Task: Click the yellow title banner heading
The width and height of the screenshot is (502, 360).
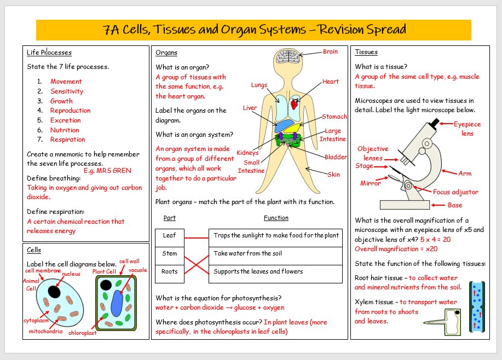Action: click(254, 30)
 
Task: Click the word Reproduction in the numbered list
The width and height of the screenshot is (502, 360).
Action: click(70, 111)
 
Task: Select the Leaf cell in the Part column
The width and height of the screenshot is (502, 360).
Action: click(170, 236)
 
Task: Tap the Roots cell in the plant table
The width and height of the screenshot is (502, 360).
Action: click(170, 272)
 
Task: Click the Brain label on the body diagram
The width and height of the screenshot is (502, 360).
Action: click(330, 52)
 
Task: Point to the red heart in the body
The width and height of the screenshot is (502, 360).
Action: click(295, 102)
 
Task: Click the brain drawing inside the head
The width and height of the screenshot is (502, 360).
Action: click(286, 56)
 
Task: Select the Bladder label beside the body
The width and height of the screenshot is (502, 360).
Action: click(336, 158)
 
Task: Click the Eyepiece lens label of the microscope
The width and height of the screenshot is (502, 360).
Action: click(467, 129)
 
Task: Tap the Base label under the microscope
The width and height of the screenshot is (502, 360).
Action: click(455, 206)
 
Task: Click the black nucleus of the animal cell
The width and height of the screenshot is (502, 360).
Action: click(54, 292)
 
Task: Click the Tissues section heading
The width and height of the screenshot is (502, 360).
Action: click(366, 53)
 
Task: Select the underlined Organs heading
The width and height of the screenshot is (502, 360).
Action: click(166, 53)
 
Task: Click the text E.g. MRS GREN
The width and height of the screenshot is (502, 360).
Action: click(107, 171)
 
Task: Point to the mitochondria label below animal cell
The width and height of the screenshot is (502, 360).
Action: click(45, 332)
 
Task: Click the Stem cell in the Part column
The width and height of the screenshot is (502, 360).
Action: click(170, 254)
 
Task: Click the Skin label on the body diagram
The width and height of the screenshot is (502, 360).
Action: click(333, 175)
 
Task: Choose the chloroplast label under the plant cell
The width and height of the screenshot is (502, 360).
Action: click(83, 333)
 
